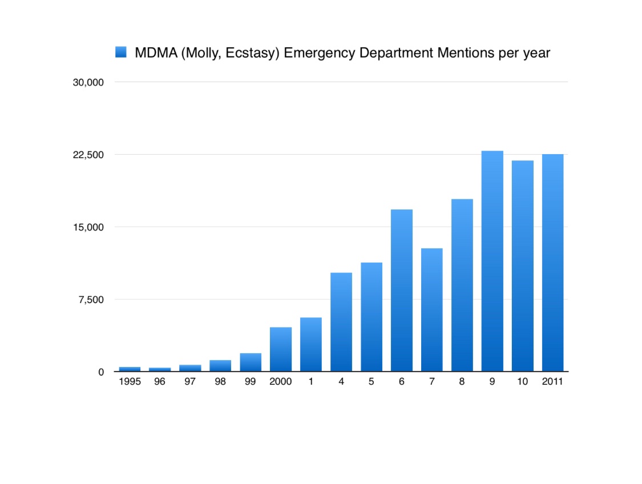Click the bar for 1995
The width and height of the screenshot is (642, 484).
(x=130, y=369)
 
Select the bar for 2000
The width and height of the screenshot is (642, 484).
(x=281, y=349)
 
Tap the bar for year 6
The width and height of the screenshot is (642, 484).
(x=402, y=291)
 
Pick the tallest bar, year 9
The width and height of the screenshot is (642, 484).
(x=492, y=261)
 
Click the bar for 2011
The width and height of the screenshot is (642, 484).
(x=552, y=263)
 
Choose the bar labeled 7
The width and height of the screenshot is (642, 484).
(x=432, y=310)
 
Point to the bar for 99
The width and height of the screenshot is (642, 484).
(x=251, y=362)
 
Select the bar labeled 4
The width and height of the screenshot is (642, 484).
(x=341, y=322)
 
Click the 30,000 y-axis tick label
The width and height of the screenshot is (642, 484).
(x=88, y=82)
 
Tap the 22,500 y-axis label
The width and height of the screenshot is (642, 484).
(x=88, y=155)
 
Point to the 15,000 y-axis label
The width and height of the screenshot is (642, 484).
(x=88, y=227)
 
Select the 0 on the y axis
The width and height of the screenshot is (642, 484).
(x=100, y=372)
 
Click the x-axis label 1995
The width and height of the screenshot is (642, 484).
(x=130, y=382)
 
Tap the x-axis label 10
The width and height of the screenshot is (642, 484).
(x=522, y=382)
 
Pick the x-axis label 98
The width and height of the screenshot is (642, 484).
(x=220, y=382)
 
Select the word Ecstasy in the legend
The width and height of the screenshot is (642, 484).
(x=255, y=53)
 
